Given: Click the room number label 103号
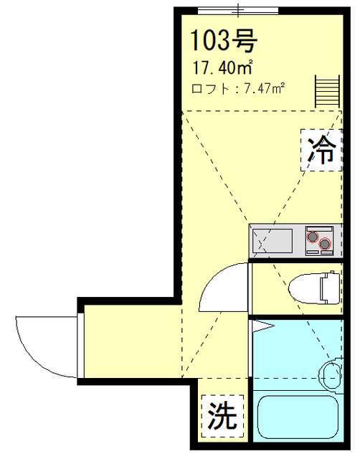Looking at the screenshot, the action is click(224, 40).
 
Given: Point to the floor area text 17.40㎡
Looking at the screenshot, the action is click(222, 67).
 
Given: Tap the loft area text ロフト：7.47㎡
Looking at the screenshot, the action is click(238, 88).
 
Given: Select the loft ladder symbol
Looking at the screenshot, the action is click(327, 91).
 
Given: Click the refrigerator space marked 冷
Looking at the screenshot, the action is click(321, 150).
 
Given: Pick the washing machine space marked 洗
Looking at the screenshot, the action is click(222, 416).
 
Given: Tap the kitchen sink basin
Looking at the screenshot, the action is click(273, 241).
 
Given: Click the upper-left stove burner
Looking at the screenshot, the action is click(313, 237).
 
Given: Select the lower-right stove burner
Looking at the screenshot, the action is click(325, 244).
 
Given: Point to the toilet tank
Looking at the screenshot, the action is click(331, 288).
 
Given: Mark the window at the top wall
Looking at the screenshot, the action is click(238, 11).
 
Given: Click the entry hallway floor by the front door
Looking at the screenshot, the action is click(132, 341).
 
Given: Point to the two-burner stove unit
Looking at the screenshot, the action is click(319, 241).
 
